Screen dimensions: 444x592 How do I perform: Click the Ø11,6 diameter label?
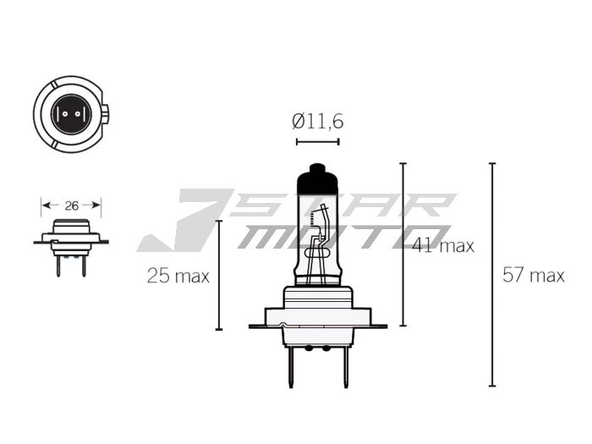tap(318, 121)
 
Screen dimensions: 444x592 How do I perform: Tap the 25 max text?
tap(178, 276)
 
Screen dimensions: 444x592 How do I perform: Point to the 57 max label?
tap(533, 275)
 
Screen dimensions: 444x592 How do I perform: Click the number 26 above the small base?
tap(72, 206)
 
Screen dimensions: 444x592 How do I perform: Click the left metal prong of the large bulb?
tap(289, 365)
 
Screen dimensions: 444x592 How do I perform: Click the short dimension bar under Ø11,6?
tap(318, 141)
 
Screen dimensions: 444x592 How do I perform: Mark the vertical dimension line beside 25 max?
tap(219, 275)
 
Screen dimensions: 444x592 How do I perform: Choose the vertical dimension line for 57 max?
tap(492, 275)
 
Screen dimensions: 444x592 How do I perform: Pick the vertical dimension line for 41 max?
tap(403, 244)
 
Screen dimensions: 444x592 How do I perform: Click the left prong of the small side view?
tap(57, 265)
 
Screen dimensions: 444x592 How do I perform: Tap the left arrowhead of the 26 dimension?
tap(45, 206)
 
